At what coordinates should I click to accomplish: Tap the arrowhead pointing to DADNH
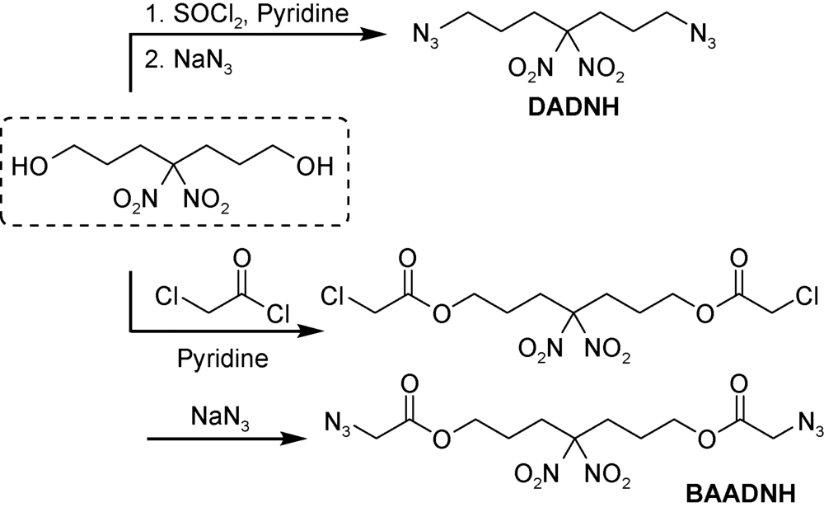(x=376, y=34)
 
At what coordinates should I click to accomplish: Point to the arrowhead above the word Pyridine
(x=308, y=331)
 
